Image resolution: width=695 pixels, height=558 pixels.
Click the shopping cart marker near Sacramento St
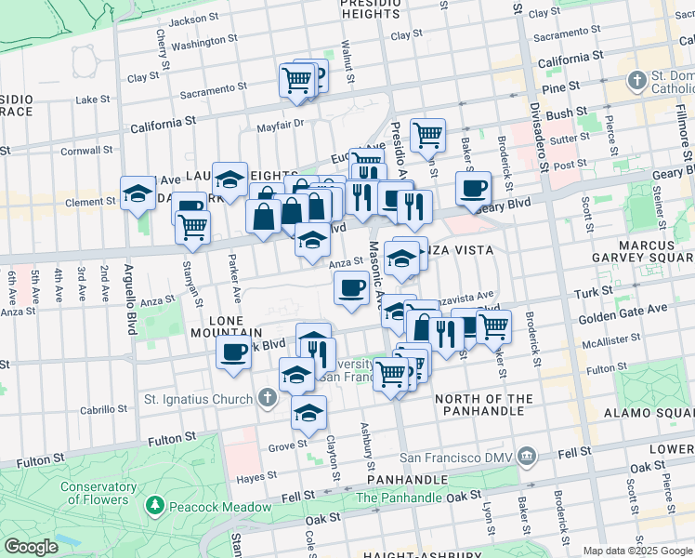pos(296,81)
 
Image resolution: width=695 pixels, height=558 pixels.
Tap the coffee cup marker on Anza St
pos(350,288)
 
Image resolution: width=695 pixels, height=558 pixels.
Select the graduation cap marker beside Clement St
pos(138,194)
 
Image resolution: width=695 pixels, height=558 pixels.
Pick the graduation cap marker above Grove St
pos(307,414)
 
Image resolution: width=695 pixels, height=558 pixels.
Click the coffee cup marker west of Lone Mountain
pos(233,352)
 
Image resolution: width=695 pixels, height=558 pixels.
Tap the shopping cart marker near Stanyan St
pos(192,227)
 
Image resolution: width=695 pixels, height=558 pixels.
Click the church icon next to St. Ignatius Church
pos(268,400)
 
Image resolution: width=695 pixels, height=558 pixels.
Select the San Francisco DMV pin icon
pos(527,456)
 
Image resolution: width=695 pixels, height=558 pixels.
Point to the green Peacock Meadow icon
pos(154,507)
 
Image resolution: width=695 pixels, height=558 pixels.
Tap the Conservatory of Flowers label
pos(94,493)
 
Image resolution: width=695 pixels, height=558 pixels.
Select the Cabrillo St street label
pos(102,408)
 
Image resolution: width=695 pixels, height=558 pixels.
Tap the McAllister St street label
pos(632,343)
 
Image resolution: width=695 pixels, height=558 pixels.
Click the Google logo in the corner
pos(31,547)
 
